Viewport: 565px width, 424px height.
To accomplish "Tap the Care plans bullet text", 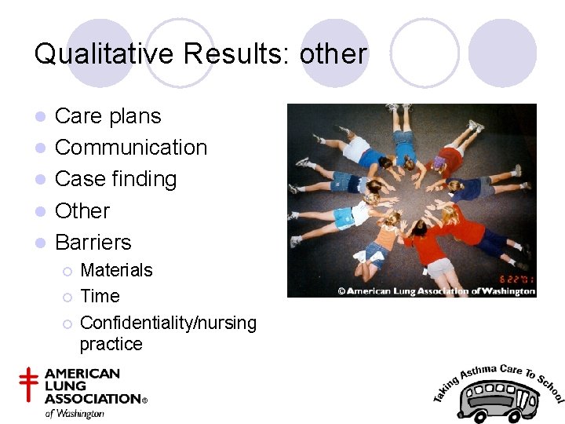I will [x=108, y=116].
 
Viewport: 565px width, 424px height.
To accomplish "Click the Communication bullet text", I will [x=131, y=148].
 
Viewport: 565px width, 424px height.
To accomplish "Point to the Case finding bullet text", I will [x=115, y=179].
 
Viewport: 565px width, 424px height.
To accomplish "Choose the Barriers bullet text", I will [x=93, y=242].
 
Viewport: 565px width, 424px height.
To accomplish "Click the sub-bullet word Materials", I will [x=116, y=270].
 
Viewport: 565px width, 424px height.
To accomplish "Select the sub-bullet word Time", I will [x=100, y=296].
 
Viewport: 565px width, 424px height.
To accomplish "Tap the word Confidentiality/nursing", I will [x=168, y=323].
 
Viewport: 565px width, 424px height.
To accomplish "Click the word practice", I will [x=111, y=344].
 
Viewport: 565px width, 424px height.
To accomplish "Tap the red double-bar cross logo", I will [x=29, y=386].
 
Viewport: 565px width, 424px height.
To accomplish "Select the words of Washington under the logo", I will [x=74, y=413].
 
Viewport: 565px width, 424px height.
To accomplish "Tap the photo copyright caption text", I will [x=436, y=291].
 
